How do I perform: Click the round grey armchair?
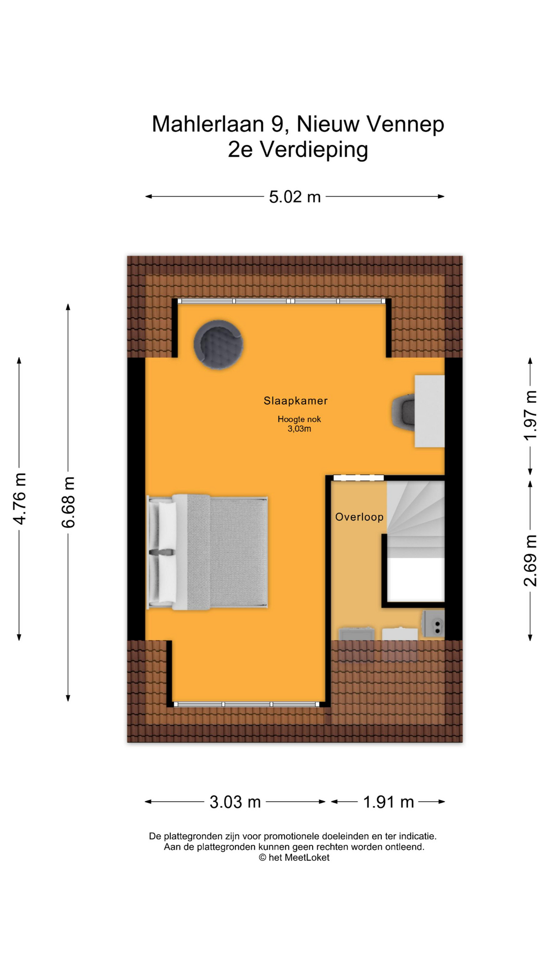219,344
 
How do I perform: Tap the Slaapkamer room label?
295,401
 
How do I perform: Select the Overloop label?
359,517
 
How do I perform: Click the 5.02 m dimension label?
295,197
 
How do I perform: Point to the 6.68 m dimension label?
69,502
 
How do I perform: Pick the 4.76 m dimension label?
20,498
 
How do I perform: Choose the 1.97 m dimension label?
530,416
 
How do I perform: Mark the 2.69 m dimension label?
530,560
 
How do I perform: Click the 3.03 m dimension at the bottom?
235,802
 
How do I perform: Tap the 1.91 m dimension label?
388,802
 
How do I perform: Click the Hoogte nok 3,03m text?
299,424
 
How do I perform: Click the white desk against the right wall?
430,411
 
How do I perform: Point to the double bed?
207,552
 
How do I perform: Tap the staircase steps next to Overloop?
416,520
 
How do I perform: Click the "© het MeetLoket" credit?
294,858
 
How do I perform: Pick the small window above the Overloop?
358,478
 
